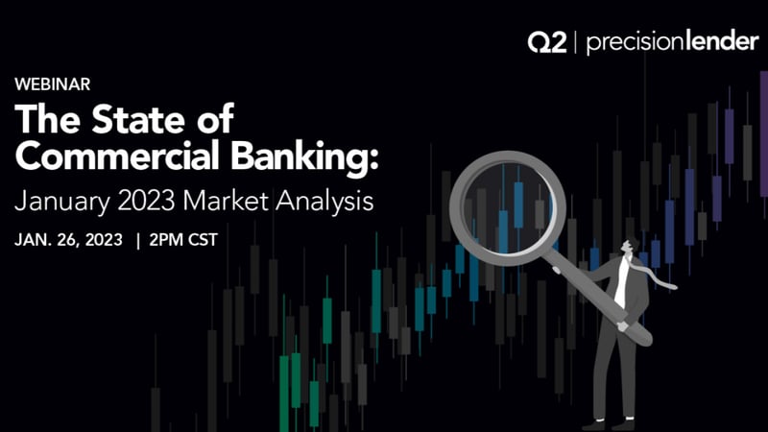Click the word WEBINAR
coord(53,84)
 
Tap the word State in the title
coord(140,119)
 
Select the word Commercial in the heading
coord(117,156)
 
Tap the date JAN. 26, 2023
coord(68,240)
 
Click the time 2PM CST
coord(183,240)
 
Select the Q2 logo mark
coord(547,42)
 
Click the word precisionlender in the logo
coord(672,42)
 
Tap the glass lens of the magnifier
coord(508,208)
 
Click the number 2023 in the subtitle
coord(146,201)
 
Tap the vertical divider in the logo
coord(575,42)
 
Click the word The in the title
coord(47,119)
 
